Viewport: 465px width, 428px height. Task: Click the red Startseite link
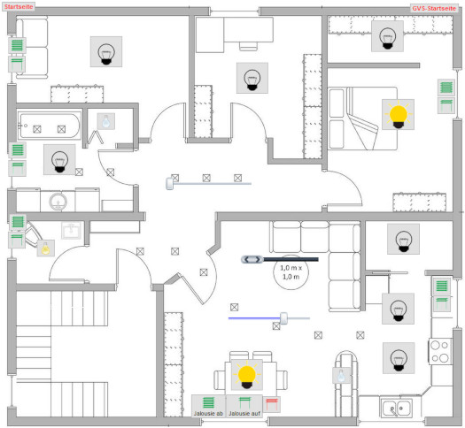(19, 6)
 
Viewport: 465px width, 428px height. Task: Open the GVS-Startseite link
(434, 8)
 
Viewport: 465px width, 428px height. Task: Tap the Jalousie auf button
(244, 406)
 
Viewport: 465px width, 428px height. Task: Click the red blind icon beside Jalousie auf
(272, 404)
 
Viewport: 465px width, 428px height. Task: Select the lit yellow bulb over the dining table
(247, 375)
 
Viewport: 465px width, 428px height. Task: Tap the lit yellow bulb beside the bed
(398, 115)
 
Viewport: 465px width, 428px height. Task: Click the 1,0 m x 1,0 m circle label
(291, 272)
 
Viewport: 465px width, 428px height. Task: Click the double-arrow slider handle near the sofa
(252, 260)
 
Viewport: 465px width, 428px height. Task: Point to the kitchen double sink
(396, 408)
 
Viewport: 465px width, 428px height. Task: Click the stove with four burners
(440, 351)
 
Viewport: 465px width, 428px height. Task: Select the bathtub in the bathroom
(49, 126)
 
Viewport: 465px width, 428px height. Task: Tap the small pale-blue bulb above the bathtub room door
(106, 121)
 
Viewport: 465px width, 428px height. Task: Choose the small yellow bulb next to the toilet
(46, 248)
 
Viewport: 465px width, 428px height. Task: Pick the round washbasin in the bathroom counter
(58, 202)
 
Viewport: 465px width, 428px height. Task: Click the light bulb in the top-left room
(106, 52)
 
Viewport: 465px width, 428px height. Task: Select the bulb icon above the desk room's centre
(252, 78)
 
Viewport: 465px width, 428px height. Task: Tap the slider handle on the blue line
(283, 318)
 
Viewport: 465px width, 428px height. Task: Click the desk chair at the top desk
(248, 46)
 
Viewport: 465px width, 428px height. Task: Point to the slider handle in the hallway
(170, 184)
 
